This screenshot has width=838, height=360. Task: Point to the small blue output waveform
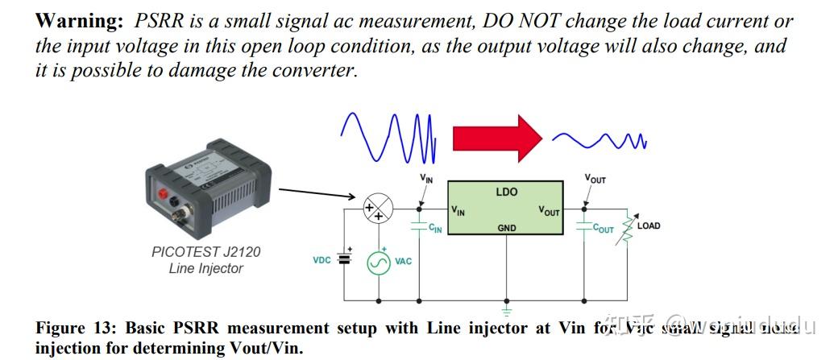point(600,142)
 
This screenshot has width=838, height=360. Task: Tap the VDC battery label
point(322,261)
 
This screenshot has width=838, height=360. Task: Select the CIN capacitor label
point(435,230)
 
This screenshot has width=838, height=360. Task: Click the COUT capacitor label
point(603,230)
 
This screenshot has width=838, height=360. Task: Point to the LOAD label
point(648,226)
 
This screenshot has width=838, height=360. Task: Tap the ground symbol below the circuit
point(506,308)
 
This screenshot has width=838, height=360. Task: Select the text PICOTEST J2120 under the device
point(206,252)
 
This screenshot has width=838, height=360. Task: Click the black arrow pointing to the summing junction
point(318,193)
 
